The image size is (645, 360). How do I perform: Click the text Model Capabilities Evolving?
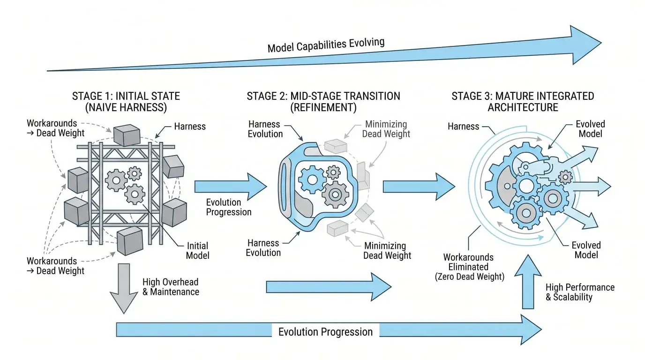coord(326,45)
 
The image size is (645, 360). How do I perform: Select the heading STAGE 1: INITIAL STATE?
coord(126,96)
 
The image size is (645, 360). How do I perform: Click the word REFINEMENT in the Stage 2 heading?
coord(323,107)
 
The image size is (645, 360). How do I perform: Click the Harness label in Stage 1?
coord(190,126)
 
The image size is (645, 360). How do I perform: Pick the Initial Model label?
coord(197,250)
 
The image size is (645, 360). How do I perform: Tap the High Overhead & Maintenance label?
coord(171,287)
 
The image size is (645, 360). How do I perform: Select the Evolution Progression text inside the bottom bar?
coord(325,332)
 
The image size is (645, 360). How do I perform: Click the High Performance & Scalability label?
coord(580,292)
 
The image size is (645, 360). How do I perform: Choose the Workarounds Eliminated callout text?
coord(469,267)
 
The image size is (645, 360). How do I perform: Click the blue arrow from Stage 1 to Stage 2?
coord(230,186)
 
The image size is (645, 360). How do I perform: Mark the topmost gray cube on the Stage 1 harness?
coord(126,135)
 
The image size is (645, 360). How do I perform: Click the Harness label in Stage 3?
coord(463,126)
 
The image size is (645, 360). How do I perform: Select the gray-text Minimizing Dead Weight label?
coord(387,129)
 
